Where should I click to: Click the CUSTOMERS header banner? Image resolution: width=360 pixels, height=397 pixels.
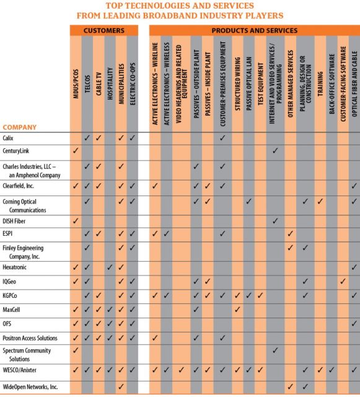coord(103,30)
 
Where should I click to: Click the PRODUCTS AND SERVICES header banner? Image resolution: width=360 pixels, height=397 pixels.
coord(254,30)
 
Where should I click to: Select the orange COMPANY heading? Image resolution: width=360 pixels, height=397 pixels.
coord(20,127)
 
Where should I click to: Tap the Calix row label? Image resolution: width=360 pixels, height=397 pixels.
coord(8,137)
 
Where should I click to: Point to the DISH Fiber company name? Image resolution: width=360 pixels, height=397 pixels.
coord(14,220)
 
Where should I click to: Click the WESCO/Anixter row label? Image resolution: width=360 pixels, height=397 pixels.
coord(21,370)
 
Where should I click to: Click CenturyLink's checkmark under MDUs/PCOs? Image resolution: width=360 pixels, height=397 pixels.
coord(76,151)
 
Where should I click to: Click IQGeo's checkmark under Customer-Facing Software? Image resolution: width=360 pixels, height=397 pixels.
coord(342,281)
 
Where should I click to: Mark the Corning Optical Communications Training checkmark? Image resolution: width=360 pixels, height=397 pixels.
coord(320,202)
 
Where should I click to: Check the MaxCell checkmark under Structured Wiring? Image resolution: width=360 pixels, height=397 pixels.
coord(237,308)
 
